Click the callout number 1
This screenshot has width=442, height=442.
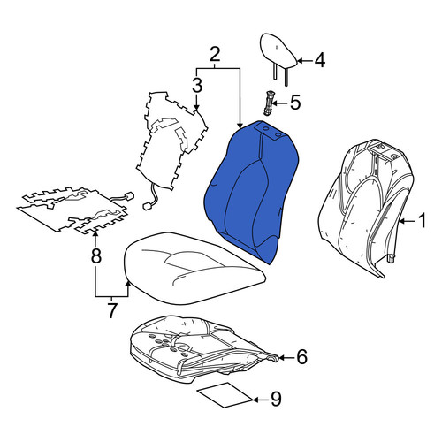[423, 221]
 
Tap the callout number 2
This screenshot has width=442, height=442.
[215, 55]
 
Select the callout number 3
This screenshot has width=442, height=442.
[197, 85]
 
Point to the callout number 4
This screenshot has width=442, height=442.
[319, 60]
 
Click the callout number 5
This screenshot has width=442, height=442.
[295, 103]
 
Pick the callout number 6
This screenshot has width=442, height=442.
[301, 357]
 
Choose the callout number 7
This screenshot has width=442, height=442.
[111, 310]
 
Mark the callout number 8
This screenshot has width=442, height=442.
[95, 255]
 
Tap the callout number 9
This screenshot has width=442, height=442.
[276, 399]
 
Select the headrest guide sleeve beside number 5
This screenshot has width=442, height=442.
[268, 103]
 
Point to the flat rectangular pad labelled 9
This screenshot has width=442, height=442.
[225, 395]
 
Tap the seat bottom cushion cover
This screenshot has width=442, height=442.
[194, 267]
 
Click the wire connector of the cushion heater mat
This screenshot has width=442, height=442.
[129, 196]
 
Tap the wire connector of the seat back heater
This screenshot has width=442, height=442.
[147, 206]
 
